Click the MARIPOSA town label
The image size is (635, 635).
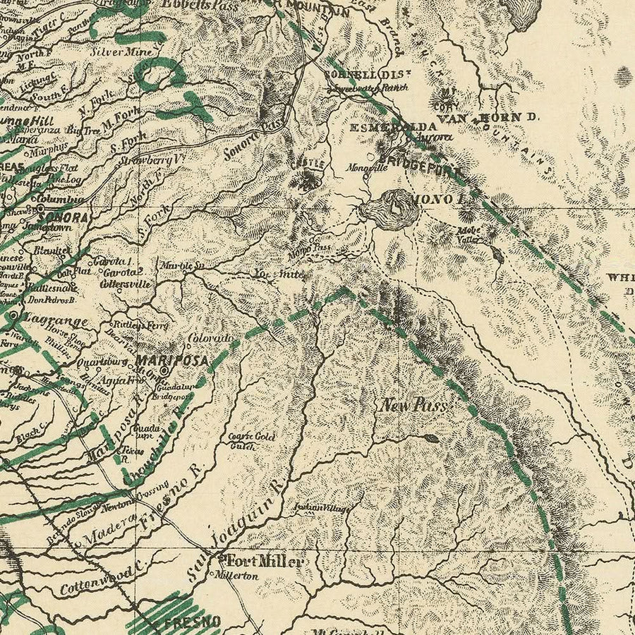click(x=172, y=360)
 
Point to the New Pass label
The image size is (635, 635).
click(x=413, y=406)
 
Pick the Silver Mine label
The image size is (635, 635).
click(x=126, y=51)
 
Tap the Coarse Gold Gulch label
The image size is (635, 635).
click(x=250, y=441)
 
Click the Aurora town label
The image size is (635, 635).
click(x=435, y=138)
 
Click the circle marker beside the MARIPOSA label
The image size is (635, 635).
click(x=164, y=370)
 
